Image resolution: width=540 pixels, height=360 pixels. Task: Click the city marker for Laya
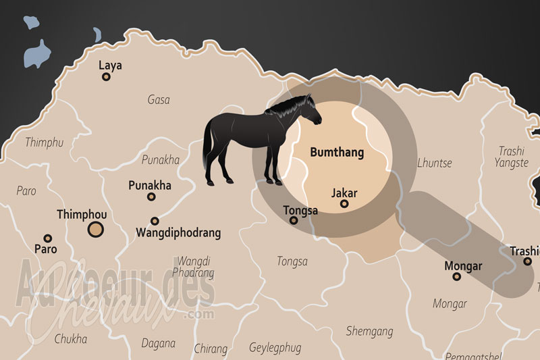tap(106, 77)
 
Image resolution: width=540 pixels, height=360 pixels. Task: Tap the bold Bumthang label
tap(337, 153)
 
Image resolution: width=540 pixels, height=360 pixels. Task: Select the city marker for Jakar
tap(344, 204)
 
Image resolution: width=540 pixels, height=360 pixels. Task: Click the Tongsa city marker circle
tap(294, 220)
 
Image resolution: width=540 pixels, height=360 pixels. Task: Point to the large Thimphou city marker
tap(97, 230)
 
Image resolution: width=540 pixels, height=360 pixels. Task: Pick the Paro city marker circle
tap(47, 238)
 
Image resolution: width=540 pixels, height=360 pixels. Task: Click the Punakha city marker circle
tap(151, 197)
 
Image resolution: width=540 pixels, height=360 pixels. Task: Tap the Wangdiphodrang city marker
tap(155, 221)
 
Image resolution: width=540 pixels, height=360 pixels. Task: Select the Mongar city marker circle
tap(457, 276)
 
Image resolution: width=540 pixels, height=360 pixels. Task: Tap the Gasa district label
tap(159, 100)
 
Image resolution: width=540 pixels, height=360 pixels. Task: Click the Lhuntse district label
tap(435, 163)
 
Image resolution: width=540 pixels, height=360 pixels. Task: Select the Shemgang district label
tap(369, 331)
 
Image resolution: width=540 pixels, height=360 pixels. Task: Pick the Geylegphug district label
tap(274, 348)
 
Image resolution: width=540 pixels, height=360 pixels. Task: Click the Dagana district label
tap(158, 343)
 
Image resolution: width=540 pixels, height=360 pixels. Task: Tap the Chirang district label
tap(211, 349)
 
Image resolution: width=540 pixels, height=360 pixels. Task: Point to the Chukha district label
tap(71, 339)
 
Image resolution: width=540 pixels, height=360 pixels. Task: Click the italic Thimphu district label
tap(44, 143)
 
